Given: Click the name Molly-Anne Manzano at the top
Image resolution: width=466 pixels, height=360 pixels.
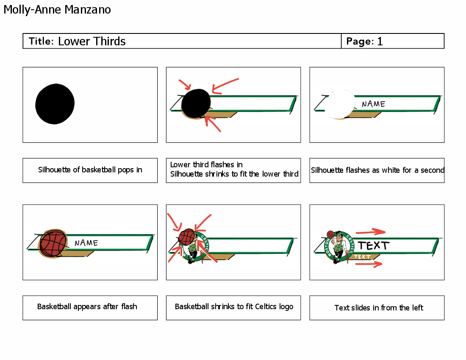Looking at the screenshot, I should point(57,9).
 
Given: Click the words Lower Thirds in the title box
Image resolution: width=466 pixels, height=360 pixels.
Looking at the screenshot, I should point(92,41).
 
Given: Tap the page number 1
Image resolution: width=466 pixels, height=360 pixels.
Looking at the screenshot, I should point(380,41).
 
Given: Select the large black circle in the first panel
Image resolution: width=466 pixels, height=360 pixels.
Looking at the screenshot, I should point(55,103).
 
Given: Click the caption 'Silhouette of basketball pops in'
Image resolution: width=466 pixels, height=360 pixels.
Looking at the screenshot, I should point(90,170).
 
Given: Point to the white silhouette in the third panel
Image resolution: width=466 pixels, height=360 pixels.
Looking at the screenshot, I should point(340,104).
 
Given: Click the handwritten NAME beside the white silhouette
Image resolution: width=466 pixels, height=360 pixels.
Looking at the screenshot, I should point(373,104).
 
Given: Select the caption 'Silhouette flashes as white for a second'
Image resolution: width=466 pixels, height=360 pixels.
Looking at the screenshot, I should point(377,170).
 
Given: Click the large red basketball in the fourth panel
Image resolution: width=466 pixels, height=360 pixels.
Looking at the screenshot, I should point(53,244).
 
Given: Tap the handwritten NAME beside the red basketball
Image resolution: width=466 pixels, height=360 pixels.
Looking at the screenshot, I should point(86,243).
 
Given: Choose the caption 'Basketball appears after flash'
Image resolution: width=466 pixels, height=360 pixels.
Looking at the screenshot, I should point(87,307).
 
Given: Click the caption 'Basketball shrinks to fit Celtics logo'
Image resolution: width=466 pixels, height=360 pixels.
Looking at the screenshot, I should point(234,307).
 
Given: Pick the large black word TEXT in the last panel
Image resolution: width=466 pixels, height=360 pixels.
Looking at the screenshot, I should point(373,245).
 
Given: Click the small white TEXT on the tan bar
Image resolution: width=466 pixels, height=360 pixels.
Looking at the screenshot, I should point(362,257).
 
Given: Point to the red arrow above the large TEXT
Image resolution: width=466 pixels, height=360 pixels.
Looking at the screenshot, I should point(370,232).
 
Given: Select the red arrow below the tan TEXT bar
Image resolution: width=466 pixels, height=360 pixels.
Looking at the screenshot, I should point(369,264).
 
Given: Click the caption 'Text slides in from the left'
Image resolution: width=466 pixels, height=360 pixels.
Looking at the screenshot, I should point(378,308).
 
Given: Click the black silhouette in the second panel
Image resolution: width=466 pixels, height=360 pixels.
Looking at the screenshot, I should point(196,104).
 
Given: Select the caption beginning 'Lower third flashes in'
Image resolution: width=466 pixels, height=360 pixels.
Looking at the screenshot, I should point(234,169).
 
